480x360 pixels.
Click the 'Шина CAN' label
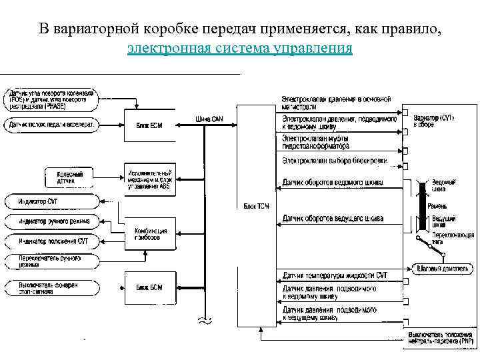click(209, 119)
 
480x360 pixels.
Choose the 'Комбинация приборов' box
click(150, 234)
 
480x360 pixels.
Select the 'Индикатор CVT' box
click(51, 200)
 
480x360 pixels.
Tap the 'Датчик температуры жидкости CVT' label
click(335, 275)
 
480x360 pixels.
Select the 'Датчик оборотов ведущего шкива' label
click(333, 218)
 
